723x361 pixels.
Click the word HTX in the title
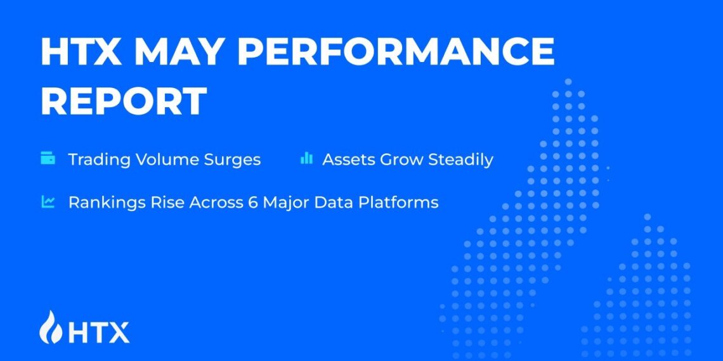coord(81,52)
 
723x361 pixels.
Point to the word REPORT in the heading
coord(124,101)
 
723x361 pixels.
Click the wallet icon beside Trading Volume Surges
coord(48,158)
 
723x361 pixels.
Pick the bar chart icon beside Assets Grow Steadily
coord(306,158)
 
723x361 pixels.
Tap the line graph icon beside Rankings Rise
coord(48,202)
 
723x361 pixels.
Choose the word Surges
coord(231,159)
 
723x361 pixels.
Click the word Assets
coord(349,159)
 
